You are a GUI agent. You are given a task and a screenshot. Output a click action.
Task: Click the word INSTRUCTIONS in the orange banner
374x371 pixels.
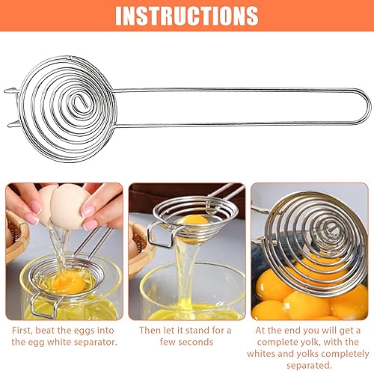coord(186,16)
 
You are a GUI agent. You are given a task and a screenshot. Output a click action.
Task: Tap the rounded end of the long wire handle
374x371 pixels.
coord(369,107)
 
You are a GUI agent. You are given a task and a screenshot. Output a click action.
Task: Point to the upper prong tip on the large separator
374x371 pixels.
coord(5,91)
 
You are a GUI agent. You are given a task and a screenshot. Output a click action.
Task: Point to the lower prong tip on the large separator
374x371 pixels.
coord(9,124)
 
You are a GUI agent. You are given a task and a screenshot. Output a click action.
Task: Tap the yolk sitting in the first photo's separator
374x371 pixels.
coord(65,282)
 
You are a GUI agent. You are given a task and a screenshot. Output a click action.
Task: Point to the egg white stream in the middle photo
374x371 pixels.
coord(185,269)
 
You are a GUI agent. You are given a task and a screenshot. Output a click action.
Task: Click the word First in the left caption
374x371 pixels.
coord(22,331)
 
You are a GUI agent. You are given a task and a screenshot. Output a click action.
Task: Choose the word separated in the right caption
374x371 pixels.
coord(309,366)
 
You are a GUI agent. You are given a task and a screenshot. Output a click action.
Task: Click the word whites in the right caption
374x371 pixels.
coord(261,354)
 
